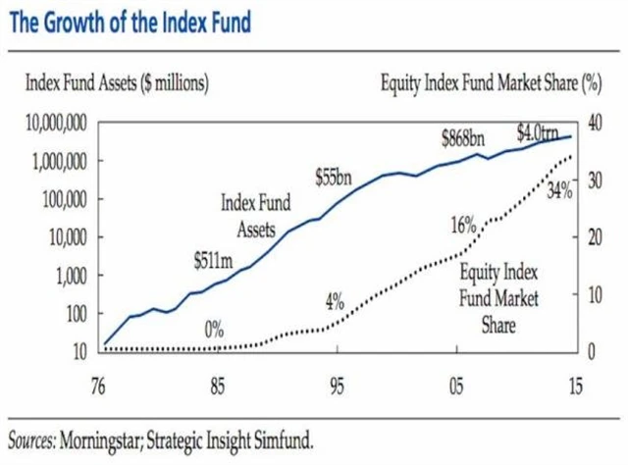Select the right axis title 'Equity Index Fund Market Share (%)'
(x=490, y=84)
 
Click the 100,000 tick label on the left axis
(x=61, y=199)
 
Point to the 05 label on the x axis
(x=455, y=385)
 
